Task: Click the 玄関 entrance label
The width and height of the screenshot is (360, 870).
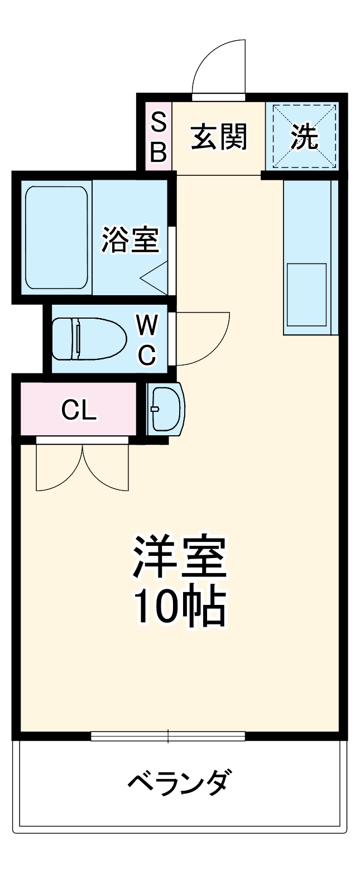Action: [219, 137]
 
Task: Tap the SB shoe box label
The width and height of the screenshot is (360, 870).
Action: [159, 137]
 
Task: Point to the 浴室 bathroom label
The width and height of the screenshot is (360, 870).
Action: [130, 240]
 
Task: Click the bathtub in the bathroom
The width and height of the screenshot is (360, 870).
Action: [56, 238]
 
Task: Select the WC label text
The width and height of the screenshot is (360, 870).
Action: [146, 339]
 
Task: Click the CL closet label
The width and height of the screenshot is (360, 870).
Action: [79, 410]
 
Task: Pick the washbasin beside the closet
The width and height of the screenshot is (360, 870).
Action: [166, 409]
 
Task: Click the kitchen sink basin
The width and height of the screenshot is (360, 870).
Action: [306, 295]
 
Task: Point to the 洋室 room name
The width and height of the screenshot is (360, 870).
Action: [179, 557]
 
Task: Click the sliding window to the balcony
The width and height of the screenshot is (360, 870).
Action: [168, 736]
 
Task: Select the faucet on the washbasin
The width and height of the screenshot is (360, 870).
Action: [155, 409]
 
